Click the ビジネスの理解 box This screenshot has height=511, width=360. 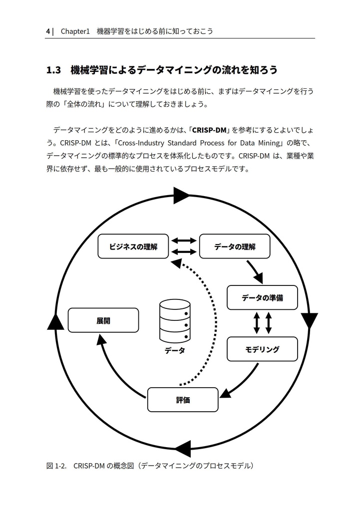(x=133, y=247)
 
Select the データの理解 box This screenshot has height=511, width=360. (x=235, y=247)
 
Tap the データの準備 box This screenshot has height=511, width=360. (x=262, y=298)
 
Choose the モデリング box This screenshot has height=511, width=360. (x=262, y=349)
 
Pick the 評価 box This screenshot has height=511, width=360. (x=183, y=400)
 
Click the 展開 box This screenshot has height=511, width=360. (x=103, y=320)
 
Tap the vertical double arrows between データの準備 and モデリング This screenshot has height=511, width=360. (x=263, y=323)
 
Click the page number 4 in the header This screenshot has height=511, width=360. (x=48, y=31)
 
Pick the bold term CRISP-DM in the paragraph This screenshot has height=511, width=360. (x=209, y=131)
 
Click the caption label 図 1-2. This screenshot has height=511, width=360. (x=56, y=466)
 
